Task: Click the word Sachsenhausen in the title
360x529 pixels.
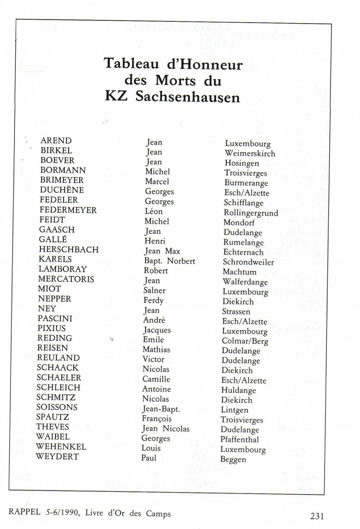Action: point(188,97)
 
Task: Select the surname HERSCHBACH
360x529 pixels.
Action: point(69,249)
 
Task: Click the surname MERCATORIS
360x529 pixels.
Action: point(66,279)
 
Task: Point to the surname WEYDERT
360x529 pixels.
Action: point(57,457)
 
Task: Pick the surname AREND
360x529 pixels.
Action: point(56,141)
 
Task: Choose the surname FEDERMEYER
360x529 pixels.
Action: point(68,210)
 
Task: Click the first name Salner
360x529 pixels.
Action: point(154,290)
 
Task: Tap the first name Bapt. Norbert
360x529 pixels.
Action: point(169,261)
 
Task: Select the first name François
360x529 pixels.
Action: point(157,419)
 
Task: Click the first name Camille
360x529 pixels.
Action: point(156,379)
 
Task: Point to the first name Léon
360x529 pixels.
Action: point(154,211)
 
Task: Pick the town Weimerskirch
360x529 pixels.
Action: point(250,154)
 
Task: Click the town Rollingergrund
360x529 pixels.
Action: point(251,213)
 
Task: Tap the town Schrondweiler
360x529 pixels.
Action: point(248,262)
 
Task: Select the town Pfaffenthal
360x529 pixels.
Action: point(239,439)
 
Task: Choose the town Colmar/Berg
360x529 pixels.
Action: point(245,341)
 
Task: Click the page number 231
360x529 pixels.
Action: point(317,516)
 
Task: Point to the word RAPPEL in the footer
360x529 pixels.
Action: point(24,511)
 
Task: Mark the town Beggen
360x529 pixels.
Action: point(233,459)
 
